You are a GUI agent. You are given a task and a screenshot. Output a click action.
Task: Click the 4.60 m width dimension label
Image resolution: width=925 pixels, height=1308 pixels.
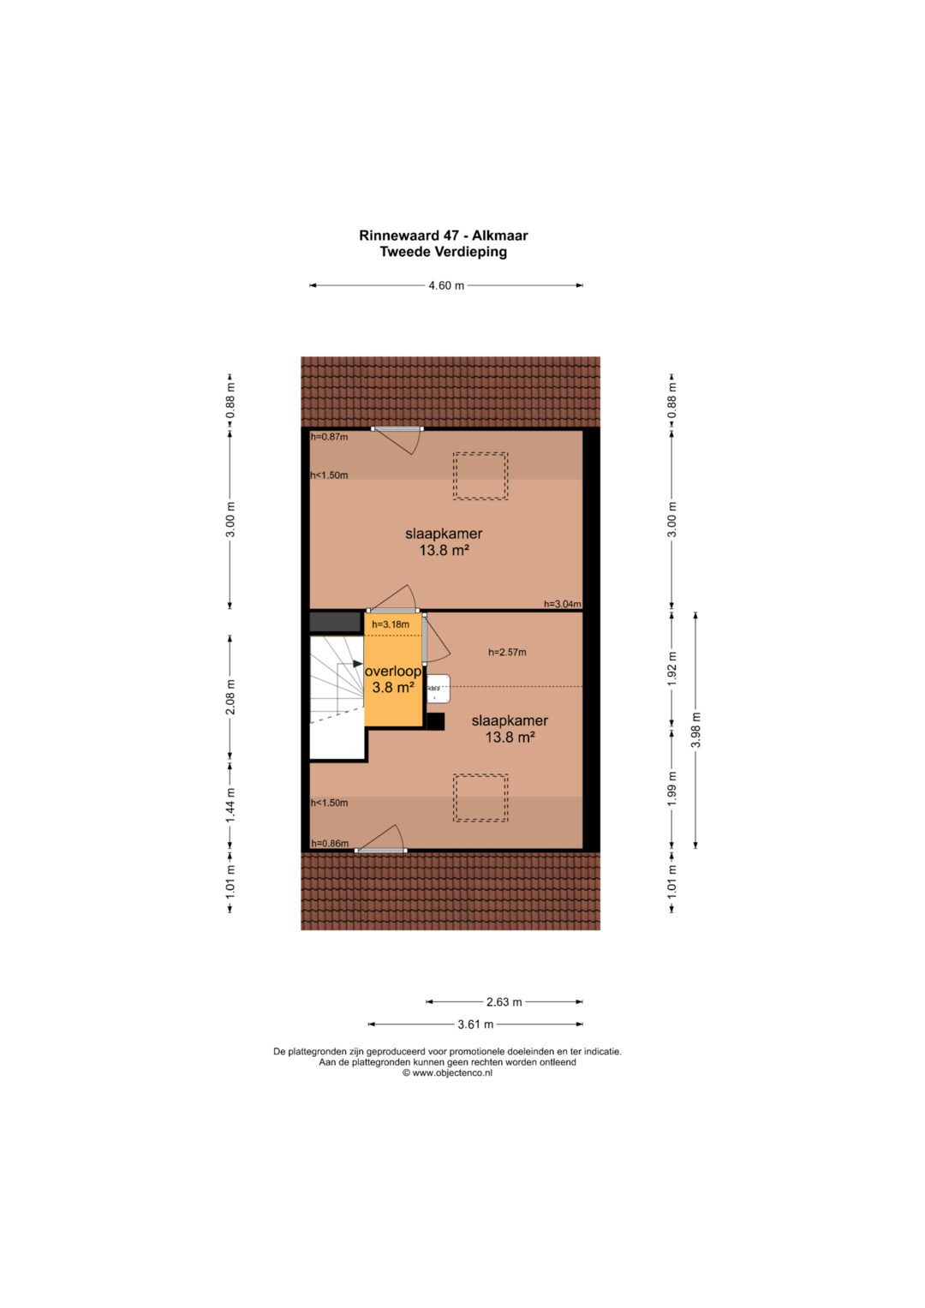click(446, 285)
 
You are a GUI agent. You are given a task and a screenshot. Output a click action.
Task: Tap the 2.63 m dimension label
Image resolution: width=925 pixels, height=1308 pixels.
click(504, 1002)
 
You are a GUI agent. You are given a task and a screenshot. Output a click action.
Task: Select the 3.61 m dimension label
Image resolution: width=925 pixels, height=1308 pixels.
click(475, 1024)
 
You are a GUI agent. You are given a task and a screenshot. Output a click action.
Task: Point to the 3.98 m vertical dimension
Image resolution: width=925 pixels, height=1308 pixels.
click(695, 730)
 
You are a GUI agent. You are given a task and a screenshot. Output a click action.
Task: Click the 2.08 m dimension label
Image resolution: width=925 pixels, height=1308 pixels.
click(230, 696)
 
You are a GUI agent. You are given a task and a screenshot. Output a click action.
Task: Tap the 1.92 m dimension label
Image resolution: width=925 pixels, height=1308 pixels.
click(671, 667)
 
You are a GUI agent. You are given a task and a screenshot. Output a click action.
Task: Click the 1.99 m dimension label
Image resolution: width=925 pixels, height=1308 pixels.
click(671, 789)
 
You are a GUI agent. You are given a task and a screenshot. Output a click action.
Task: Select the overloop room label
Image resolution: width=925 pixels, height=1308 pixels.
click(393, 672)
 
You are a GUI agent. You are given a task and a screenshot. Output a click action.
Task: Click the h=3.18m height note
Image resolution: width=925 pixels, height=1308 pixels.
click(391, 624)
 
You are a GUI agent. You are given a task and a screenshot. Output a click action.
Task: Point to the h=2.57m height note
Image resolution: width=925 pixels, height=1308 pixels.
click(507, 652)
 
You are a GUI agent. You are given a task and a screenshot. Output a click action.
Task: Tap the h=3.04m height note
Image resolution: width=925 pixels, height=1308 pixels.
click(563, 605)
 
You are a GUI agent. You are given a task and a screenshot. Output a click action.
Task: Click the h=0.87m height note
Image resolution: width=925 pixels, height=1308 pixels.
click(330, 437)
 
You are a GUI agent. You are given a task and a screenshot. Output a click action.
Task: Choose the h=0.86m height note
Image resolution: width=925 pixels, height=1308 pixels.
click(330, 843)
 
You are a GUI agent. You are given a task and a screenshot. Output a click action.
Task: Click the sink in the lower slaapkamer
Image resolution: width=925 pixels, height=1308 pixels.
click(439, 689)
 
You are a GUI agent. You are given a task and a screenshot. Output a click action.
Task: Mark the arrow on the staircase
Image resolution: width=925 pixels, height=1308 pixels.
click(357, 663)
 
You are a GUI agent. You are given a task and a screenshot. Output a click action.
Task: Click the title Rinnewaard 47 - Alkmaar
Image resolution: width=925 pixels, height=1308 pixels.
click(444, 236)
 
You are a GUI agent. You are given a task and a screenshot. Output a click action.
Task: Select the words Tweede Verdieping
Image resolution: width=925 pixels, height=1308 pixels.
click(444, 252)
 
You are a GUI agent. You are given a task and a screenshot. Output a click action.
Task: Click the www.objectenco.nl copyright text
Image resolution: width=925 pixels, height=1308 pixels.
click(447, 1072)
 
